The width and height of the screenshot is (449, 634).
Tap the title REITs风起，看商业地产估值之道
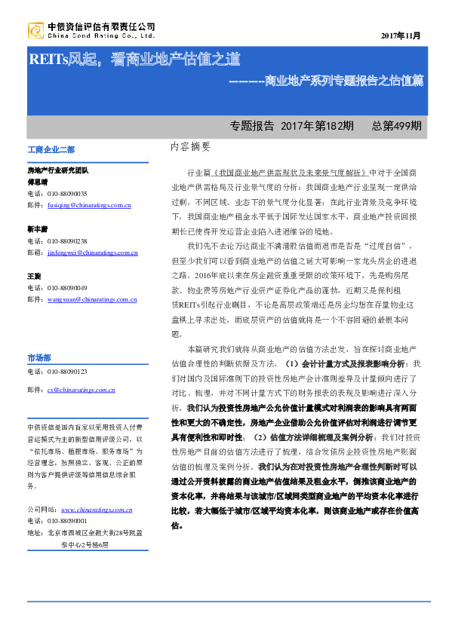pyautogui.click(x=134, y=60)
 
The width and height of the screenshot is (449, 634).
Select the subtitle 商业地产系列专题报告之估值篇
pyautogui.click(x=343, y=79)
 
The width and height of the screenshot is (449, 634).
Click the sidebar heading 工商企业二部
pyautogui.click(x=51, y=151)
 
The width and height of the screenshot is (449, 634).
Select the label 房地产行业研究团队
pyautogui.click(x=57, y=170)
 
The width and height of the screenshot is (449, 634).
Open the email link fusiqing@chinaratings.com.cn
pyautogui.click(x=89, y=205)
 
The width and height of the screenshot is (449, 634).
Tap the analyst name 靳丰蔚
pyautogui.click(x=37, y=229)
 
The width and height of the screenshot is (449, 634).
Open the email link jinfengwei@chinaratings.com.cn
pyautogui.click(x=92, y=253)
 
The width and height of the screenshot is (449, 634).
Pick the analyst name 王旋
pyautogui.click(x=33, y=277)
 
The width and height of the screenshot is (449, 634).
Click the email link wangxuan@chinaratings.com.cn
pyautogui.click(x=92, y=299)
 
